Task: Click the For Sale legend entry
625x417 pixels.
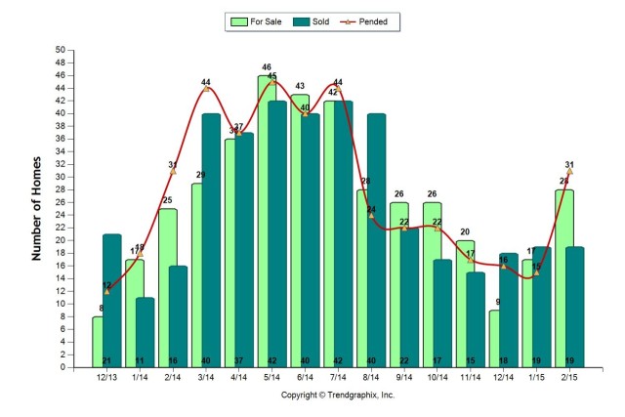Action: (257, 21)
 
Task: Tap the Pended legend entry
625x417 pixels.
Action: (375, 21)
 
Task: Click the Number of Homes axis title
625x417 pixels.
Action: (38, 209)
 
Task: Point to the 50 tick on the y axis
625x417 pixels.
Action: (61, 50)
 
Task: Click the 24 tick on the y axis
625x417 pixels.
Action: (61, 215)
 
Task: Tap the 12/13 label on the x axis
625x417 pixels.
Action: (106, 378)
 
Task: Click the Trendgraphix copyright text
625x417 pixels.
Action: (337, 396)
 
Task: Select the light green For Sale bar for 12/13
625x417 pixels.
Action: (98, 342)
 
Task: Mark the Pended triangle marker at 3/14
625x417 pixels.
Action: (206, 89)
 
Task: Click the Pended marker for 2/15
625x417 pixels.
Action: (568, 171)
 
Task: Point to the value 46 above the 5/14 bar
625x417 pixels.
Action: (267, 67)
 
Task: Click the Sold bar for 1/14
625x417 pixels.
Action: (145, 332)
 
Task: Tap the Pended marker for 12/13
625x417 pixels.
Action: (106, 291)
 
